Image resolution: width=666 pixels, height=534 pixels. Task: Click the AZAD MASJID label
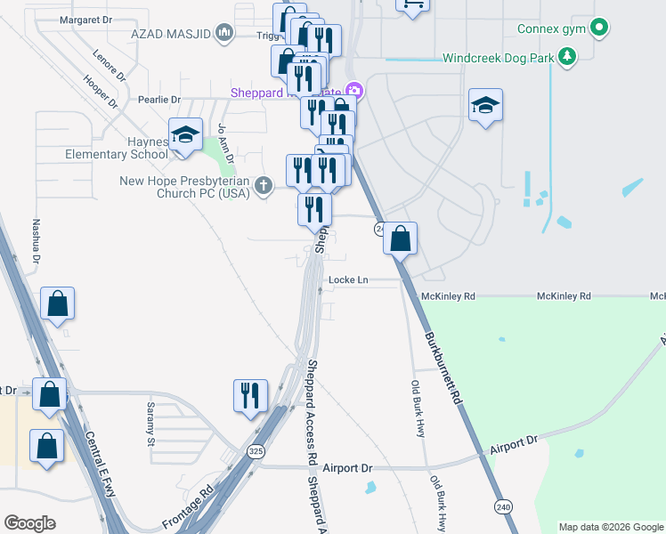tap(170, 34)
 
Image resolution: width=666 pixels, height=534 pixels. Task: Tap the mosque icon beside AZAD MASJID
tap(223, 34)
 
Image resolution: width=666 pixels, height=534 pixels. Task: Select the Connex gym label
tap(554, 28)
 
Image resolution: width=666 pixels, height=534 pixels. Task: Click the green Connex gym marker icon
tap(599, 28)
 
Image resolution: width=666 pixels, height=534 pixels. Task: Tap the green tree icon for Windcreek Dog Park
tap(566, 59)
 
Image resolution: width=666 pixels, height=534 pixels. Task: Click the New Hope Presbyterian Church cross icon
tap(262, 187)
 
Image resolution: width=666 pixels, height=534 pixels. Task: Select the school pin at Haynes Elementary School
tap(185, 135)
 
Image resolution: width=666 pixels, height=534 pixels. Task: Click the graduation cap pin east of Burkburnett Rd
tap(485, 106)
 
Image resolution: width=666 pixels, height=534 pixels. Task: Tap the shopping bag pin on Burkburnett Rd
tap(401, 238)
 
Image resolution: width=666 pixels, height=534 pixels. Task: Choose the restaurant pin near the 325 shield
tap(250, 394)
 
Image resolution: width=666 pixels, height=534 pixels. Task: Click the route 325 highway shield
tap(256, 452)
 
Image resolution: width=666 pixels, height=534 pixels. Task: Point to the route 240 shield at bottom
tap(504, 506)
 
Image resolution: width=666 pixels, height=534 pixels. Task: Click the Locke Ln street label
tap(348, 280)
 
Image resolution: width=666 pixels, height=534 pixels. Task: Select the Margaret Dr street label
tap(87, 20)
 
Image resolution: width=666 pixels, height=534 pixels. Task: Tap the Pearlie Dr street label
tap(159, 100)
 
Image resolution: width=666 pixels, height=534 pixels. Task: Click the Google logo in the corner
tap(29, 522)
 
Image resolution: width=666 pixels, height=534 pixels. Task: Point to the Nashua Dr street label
tap(37, 240)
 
